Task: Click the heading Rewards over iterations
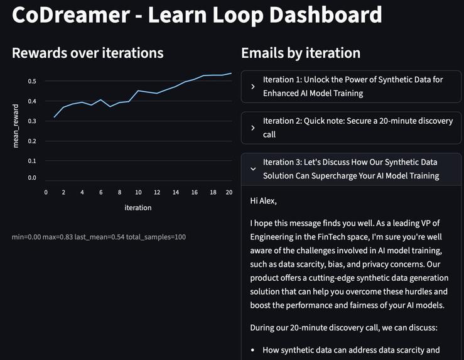(87, 53)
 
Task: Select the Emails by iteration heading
(301, 53)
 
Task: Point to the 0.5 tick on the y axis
(32, 82)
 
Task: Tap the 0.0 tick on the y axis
(32, 178)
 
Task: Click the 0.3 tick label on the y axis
(32, 121)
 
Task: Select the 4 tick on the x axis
(82, 192)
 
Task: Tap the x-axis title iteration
(138, 207)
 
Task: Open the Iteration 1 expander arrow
(252, 87)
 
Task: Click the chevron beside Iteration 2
(252, 128)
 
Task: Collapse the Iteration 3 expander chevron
(252, 168)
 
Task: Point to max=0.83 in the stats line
(60, 237)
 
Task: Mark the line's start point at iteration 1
(55, 117)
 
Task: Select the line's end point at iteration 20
(231, 74)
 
